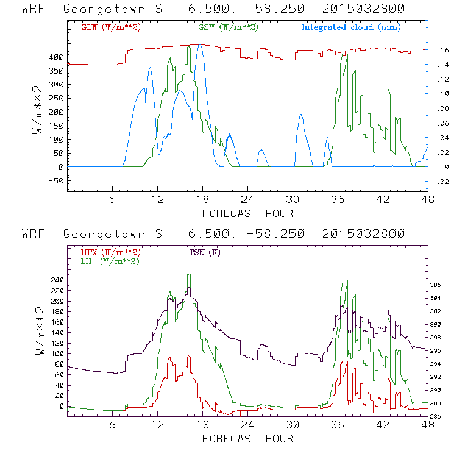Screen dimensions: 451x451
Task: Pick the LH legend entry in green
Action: point(110,261)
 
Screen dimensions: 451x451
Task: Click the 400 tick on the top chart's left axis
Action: point(57,57)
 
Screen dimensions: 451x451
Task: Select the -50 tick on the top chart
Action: point(56,181)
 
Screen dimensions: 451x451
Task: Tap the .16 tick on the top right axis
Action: point(438,51)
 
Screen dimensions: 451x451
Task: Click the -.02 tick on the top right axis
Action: point(439,182)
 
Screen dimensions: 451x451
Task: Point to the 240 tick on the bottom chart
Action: point(57,280)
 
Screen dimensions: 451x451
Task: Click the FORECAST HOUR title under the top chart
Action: point(247,213)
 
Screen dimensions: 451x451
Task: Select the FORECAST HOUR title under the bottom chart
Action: point(247,438)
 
